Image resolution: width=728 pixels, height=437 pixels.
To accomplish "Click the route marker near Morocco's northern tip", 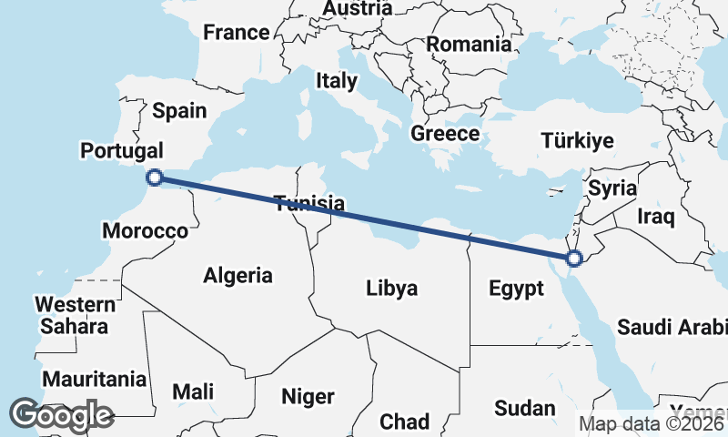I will coord(155,178).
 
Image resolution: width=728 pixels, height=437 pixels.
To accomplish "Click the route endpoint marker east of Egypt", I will coord(574,259).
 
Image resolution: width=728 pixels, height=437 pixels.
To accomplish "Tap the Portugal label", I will coord(122,150).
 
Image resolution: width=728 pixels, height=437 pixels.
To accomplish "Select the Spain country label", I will coord(179,111).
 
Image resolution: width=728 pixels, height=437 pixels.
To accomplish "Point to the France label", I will coord(237,33).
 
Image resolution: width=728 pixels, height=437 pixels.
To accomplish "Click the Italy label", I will coord(337,80).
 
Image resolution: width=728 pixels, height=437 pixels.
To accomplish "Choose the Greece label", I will coord(445,134).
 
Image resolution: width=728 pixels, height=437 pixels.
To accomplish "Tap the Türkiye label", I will coord(577,140).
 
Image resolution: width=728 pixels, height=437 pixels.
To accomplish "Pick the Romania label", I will coord(470,44).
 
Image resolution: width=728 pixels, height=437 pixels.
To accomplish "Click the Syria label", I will coord(611,188).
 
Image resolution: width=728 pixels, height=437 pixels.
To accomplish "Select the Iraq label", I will coord(655,217).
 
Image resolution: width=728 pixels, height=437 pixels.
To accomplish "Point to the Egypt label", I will coord(516,289).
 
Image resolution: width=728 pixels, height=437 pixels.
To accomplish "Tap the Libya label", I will coord(391,289).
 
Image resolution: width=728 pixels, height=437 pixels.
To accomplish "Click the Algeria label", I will coord(238,274).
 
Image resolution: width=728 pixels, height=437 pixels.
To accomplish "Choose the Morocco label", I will coord(145,230).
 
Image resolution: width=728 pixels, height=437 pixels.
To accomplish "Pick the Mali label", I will coord(194,391).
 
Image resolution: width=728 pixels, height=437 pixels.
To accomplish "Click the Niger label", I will coord(308,397).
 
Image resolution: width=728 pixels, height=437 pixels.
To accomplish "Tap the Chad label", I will coord(404,422).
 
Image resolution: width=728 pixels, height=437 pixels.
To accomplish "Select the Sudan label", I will coord(524,407).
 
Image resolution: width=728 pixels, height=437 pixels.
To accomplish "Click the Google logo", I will coord(61,415).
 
